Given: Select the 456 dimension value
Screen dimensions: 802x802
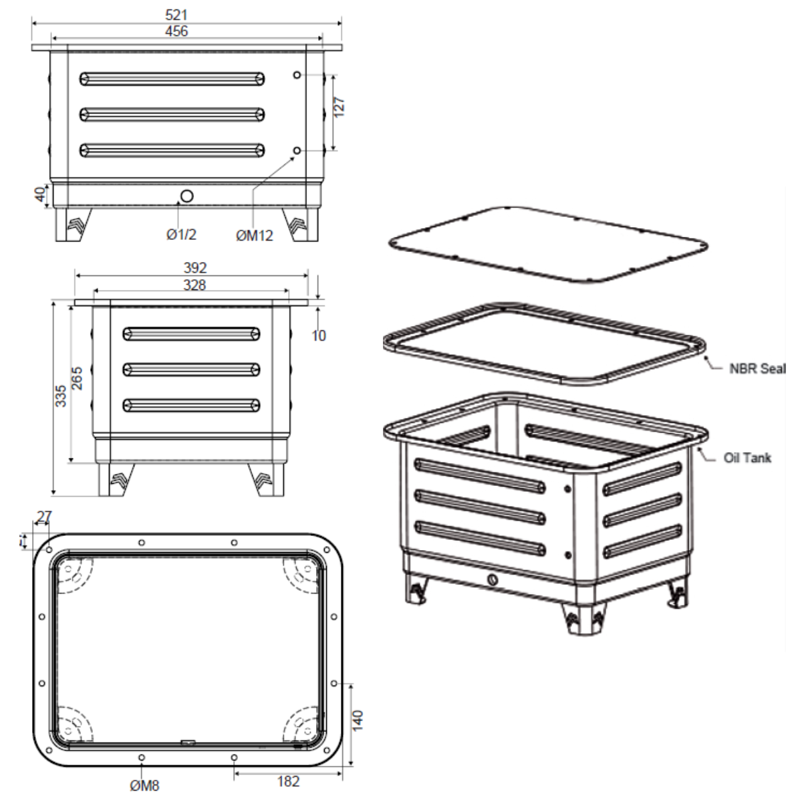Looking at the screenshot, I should coord(176,31).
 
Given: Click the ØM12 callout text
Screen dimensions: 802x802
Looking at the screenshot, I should coord(255,235).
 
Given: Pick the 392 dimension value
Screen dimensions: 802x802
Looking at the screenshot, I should coord(195,268).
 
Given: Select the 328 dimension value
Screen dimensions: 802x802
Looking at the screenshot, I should coord(194,285).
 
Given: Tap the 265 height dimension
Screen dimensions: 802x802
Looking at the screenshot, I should coord(78,378).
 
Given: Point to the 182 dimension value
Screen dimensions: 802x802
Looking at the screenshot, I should coord(288,781).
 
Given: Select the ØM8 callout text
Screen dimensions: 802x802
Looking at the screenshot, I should coord(145,785).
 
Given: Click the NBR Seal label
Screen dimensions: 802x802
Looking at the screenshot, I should coord(757,368).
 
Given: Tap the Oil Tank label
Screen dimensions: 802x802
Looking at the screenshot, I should coord(747,458).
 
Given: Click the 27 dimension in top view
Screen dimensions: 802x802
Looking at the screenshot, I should coord(43,517).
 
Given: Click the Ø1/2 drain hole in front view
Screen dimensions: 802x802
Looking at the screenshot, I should coord(186,196).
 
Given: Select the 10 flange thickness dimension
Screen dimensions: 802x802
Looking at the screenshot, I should coord(319,336).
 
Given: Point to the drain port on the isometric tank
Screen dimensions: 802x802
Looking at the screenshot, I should coord(493,579).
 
